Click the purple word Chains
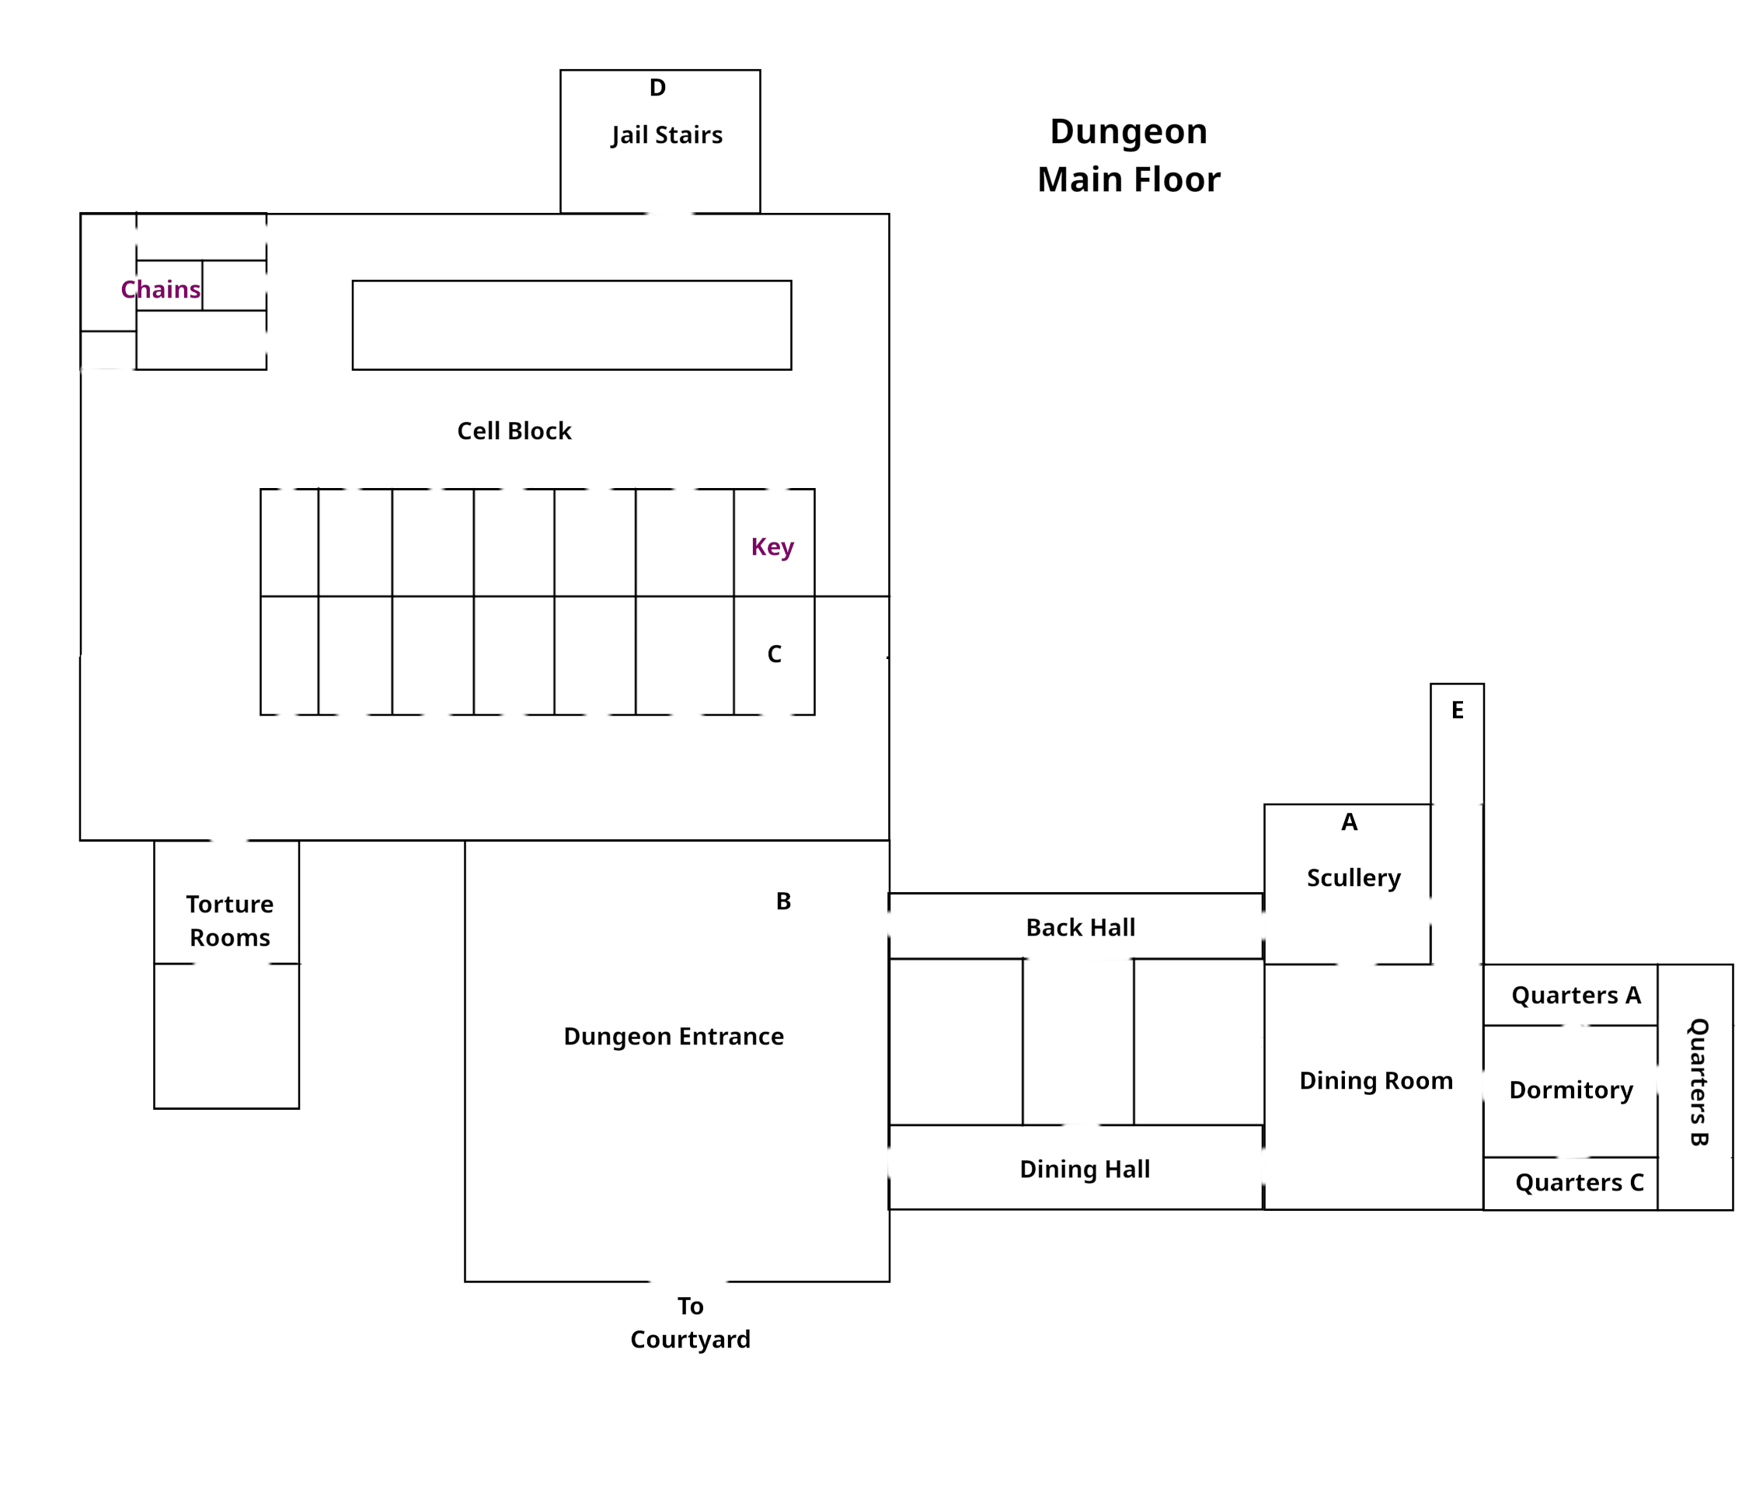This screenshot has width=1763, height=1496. point(160,290)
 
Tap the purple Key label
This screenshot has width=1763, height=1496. point(772,547)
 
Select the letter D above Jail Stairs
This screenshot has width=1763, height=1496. point(657,88)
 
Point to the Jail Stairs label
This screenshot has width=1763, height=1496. point(667,136)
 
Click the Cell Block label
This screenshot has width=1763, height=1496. point(514,431)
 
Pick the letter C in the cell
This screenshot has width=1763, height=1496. point(774,654)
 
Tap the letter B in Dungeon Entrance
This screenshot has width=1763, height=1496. point(782,901)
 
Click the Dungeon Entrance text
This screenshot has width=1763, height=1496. point(674,1037)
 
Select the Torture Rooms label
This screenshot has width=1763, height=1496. point(230,921)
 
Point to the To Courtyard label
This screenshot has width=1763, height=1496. point(690,1322)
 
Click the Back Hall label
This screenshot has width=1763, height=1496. point(1079,928)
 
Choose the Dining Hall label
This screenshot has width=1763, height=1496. point(1084,1170)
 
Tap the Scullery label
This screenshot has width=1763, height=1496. point(1354,877)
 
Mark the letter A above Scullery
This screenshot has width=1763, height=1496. point(1349,821)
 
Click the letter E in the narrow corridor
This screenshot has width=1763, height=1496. point(1457,710)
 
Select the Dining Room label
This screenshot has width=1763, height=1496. point(1375,1080)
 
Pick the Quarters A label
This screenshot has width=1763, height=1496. point(1576,995)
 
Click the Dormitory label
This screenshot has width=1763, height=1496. point(1570,1090)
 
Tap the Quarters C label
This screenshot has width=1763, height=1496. point(1579,1182)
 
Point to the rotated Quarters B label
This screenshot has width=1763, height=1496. point(1698,1082)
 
